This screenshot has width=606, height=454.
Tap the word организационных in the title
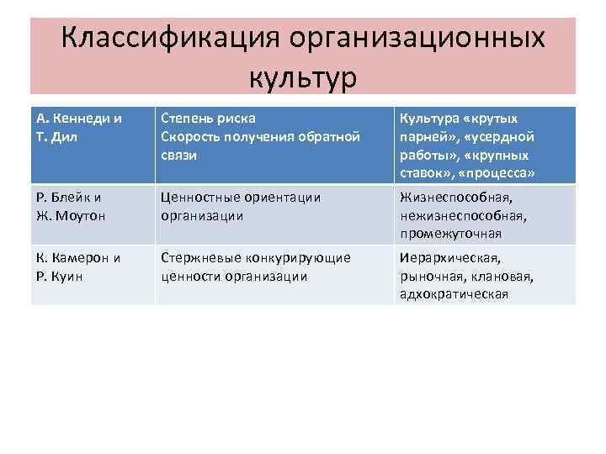coord(417,40)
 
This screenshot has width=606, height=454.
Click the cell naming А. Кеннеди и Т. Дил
coord(80,127)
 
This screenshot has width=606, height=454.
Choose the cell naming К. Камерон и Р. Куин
coord(80,267)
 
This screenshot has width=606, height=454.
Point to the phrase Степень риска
coord(208,119)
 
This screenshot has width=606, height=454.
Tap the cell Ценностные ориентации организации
coord(241,206)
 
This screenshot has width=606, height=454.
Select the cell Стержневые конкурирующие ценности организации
coord(255,267)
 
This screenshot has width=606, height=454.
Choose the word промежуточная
coord(450,233)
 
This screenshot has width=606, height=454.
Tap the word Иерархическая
coord(450,258)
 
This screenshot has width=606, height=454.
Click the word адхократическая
coord(454,293)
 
